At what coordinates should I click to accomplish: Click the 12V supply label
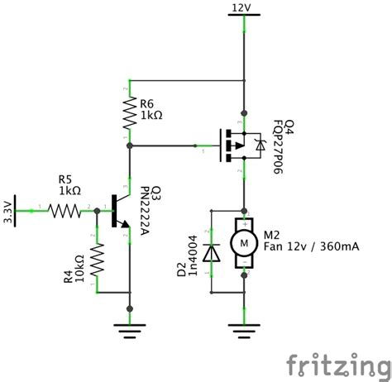pyautogui.click(x=242, y=7)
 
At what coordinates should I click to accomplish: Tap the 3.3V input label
pyautogui.click(x=9, y=210)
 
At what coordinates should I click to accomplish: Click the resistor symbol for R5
pyautogui.click(x=64, y=211)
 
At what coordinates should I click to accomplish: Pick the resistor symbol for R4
pyautogui.click(x=98, y=258)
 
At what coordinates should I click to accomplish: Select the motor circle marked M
pyautogui.click(x=243, y=242)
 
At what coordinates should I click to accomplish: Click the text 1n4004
pyautogui.click(x=192, y=257)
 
